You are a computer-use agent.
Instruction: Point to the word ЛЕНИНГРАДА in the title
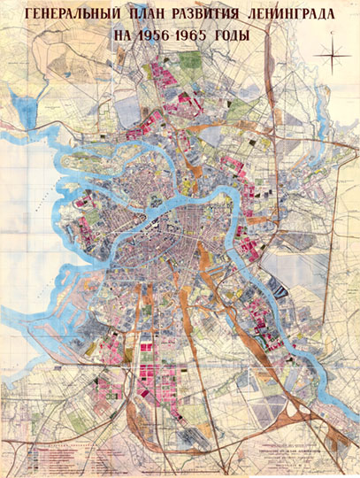[293, 15]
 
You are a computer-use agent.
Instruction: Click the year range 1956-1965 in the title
[180, 37]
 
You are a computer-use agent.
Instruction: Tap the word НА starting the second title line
[126, 37]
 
